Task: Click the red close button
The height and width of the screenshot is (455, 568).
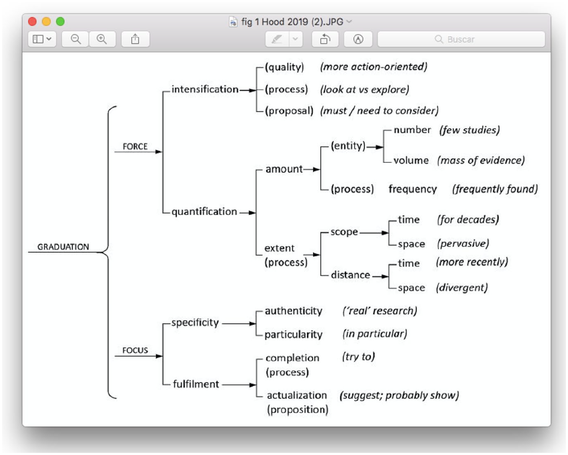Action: coord(32,21)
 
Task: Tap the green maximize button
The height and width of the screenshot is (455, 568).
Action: coord(60,21)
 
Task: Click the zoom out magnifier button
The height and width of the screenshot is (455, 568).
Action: coord(75,39)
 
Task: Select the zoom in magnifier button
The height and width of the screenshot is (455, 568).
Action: coord(102,39)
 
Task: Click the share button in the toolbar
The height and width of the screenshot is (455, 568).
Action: coord(135,39)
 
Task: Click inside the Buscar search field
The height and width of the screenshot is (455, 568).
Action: coord(461,39)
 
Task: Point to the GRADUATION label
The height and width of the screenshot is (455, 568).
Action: coord(63,247)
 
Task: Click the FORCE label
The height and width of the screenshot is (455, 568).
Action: coord(135,147)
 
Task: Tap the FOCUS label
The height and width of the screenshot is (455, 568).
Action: coord(135,350)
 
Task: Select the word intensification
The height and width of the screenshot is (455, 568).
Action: coord(205,89)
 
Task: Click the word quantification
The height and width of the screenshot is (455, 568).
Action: coord(204,212)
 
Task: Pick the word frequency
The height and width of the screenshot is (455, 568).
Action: coord(413,189)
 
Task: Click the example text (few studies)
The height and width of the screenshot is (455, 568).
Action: coord(469,130)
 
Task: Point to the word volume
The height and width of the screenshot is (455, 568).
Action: coord(411,160)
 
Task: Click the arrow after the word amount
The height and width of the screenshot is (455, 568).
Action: coord(312,169)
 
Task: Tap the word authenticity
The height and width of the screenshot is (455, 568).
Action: coord(293,311)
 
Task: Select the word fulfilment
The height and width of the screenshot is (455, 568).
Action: coord(196,384)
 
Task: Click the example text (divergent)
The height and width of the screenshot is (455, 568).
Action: coord(461,287)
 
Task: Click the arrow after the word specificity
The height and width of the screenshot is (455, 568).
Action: coord(239,324)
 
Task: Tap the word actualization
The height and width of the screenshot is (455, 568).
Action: coord(297,396)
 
